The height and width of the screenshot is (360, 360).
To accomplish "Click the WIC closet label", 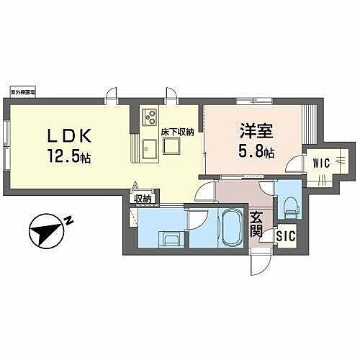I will pos(321,163).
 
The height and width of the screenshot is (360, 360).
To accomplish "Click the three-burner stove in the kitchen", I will pos(150,115).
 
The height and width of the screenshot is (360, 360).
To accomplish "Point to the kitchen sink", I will pos(150,149).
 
